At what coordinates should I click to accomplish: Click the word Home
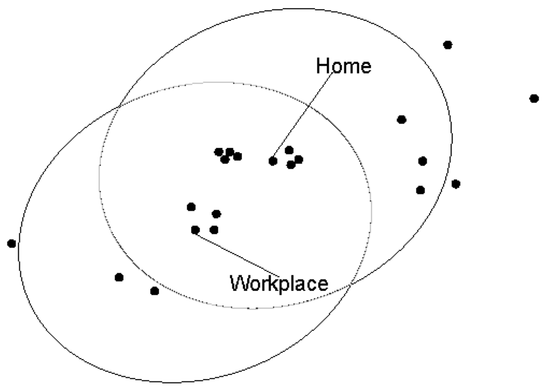[x=344, y=66]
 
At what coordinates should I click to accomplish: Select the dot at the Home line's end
[x=273, y=161]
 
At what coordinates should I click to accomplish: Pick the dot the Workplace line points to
[x=195, y=230]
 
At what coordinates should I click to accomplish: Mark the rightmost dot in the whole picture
[x=534, y=98]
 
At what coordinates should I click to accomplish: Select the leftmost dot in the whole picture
[x=11, y=243]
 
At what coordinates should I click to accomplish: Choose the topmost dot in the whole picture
[x=448, y=44]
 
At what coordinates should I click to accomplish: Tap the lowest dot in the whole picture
[x=155, y=291]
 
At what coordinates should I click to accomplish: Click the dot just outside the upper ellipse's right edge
[x=455, y=184]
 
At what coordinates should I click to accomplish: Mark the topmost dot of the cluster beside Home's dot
[x=289, y=150]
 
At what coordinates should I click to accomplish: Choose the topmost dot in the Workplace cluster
[x=191, y=207]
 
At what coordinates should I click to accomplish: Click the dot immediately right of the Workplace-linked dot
[x=214, y=230]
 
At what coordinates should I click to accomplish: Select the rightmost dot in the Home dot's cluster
[x=299, y=159]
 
